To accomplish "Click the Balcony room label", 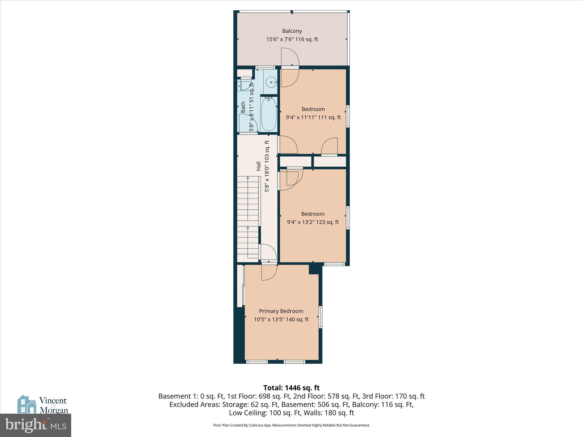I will pyautogui.click(x=292, y=31).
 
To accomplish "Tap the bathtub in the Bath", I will pyautogui.click(x=269, y=114).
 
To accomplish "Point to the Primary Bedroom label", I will pyautogui.click(x=281, y=311).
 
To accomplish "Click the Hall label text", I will pyautogui.click(x=258, y=166).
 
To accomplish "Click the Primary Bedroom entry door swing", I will pyautogui.click(x=269, y=272).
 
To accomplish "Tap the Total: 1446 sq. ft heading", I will pyautogui.click(x=291, y=388).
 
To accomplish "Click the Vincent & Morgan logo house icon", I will pyautogui.click(x=27, y=404).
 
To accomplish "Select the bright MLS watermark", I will pyautogui.click(x=35, y=425).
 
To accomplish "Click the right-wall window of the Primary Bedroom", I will pyautogui.click(x=320, y=317).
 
